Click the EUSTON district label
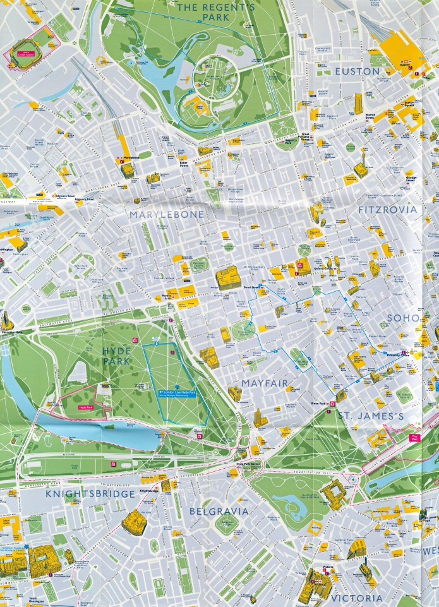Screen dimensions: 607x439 pyautogui.click(x=358, y=71)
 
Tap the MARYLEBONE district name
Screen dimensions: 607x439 pyautogui.click(x=167, y=215)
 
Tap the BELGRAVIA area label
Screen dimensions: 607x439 pyautogui.click(x=218, y=510)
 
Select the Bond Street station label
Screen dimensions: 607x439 pyautogui.click(x=253, y=287)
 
